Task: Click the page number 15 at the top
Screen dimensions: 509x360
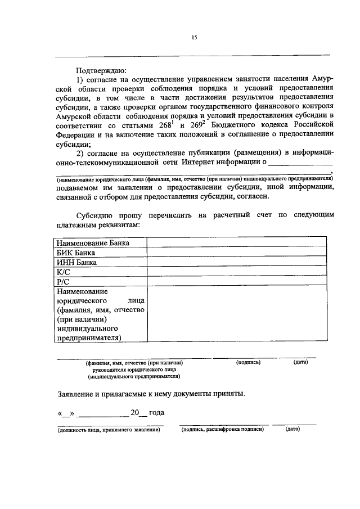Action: (x=194, y=38)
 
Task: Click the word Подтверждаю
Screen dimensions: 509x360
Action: (x=102, y=71)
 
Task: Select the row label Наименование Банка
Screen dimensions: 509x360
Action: (x=92, y=242)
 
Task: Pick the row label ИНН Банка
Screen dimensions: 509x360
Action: (x=76, y=262)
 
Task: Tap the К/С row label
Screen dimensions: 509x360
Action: (x=62, y=272)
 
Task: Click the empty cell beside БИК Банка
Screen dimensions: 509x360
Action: (x=236, y=253)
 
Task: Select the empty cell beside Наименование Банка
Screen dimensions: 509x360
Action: (x=236, y=242)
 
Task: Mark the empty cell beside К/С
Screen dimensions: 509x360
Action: (x=236, y=272)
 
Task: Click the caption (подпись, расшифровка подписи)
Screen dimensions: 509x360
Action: (x=222, y=430)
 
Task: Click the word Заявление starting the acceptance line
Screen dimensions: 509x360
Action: (x=78, y=394)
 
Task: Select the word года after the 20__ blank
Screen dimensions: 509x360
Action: (x=157, y=413)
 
